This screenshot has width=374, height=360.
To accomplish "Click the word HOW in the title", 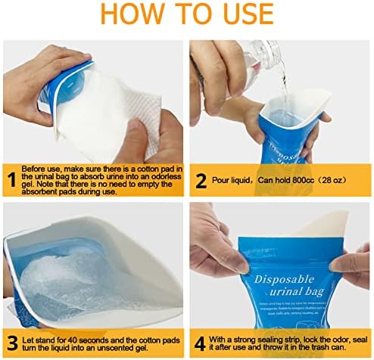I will point(123,15).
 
